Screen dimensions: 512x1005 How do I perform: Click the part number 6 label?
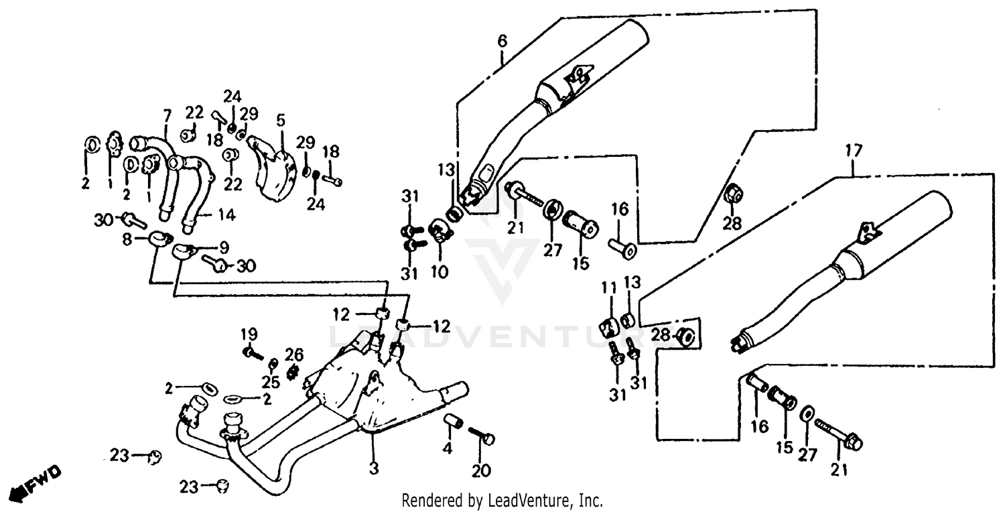(x=503, y=42)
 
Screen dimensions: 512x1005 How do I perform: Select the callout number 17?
(x=853, y=151)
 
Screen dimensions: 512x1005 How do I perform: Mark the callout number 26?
(x=293, y=353)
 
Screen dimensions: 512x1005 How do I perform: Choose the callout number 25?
(x=271, y=383)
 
